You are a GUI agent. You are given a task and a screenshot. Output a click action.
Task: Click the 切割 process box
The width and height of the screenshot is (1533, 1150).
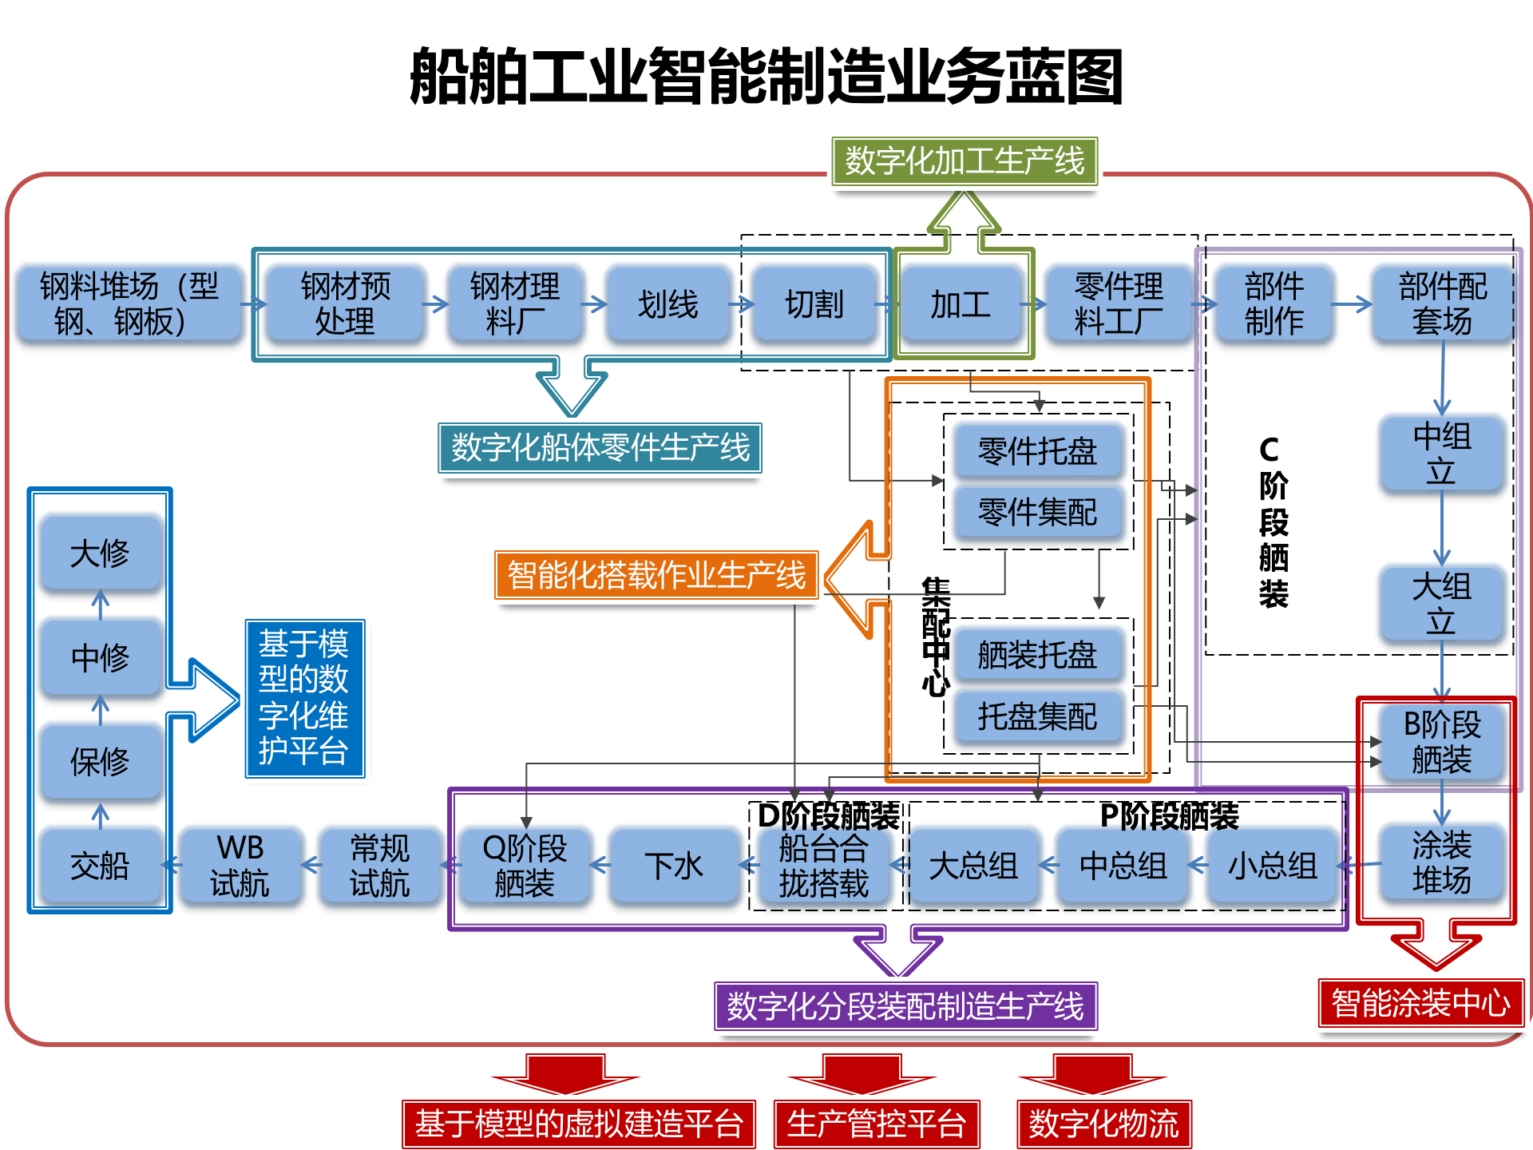pyautogui.click(x=814, y=304)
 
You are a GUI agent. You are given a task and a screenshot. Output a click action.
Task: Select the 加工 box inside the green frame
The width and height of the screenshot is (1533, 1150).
pyautogui.click(x=961, y=304)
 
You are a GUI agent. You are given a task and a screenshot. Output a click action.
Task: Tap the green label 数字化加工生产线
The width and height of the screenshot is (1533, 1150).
pyautogui.click(x=965, y=161)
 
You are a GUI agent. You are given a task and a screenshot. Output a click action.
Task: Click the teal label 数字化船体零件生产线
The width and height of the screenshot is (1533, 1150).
pyautogui.click(x=600, y=448)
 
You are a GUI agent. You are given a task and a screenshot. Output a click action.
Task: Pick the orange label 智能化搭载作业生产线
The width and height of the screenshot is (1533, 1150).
pyautogui.click(x=656, y=575)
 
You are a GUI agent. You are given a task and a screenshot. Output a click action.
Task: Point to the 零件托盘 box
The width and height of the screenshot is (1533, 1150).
pyautogui.click(x=1037, y=452)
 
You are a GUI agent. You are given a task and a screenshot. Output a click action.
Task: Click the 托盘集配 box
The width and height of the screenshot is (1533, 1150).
pyautogui.click(x=1037, y=716)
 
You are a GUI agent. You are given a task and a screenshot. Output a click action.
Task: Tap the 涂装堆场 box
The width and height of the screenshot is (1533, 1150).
pyautogui.click(x=1441, y=863)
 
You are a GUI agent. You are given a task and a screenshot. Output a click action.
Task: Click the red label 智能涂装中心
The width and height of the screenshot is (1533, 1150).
pyautogui.click(x=1420, y=1003)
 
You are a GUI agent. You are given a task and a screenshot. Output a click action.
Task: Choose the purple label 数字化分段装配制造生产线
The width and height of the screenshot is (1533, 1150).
pyautogui.click(x=905, y=1006)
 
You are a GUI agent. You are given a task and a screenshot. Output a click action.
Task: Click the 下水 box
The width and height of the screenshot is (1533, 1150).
pyautogui.click(x=673, y=866)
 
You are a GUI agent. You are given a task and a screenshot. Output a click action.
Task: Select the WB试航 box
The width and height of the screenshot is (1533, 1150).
pyautogui.click(x=240, y=866)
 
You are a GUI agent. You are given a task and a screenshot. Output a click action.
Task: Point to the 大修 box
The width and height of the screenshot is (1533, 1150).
pyautogui.click(x=100, y=553)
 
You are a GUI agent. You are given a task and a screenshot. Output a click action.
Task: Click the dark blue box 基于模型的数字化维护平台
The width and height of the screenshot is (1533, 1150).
pyautogui.click(x=304, y=698)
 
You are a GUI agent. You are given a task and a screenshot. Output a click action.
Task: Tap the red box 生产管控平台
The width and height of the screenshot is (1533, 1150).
pyautogui.click(x=876, y=1124)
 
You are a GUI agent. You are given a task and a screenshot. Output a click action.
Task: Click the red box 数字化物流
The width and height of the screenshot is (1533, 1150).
pyautogui.click(x=1103, y=1124)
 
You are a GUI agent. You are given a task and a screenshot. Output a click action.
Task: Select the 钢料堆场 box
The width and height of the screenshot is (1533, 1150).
pyautogui.click(x=128, y=304)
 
